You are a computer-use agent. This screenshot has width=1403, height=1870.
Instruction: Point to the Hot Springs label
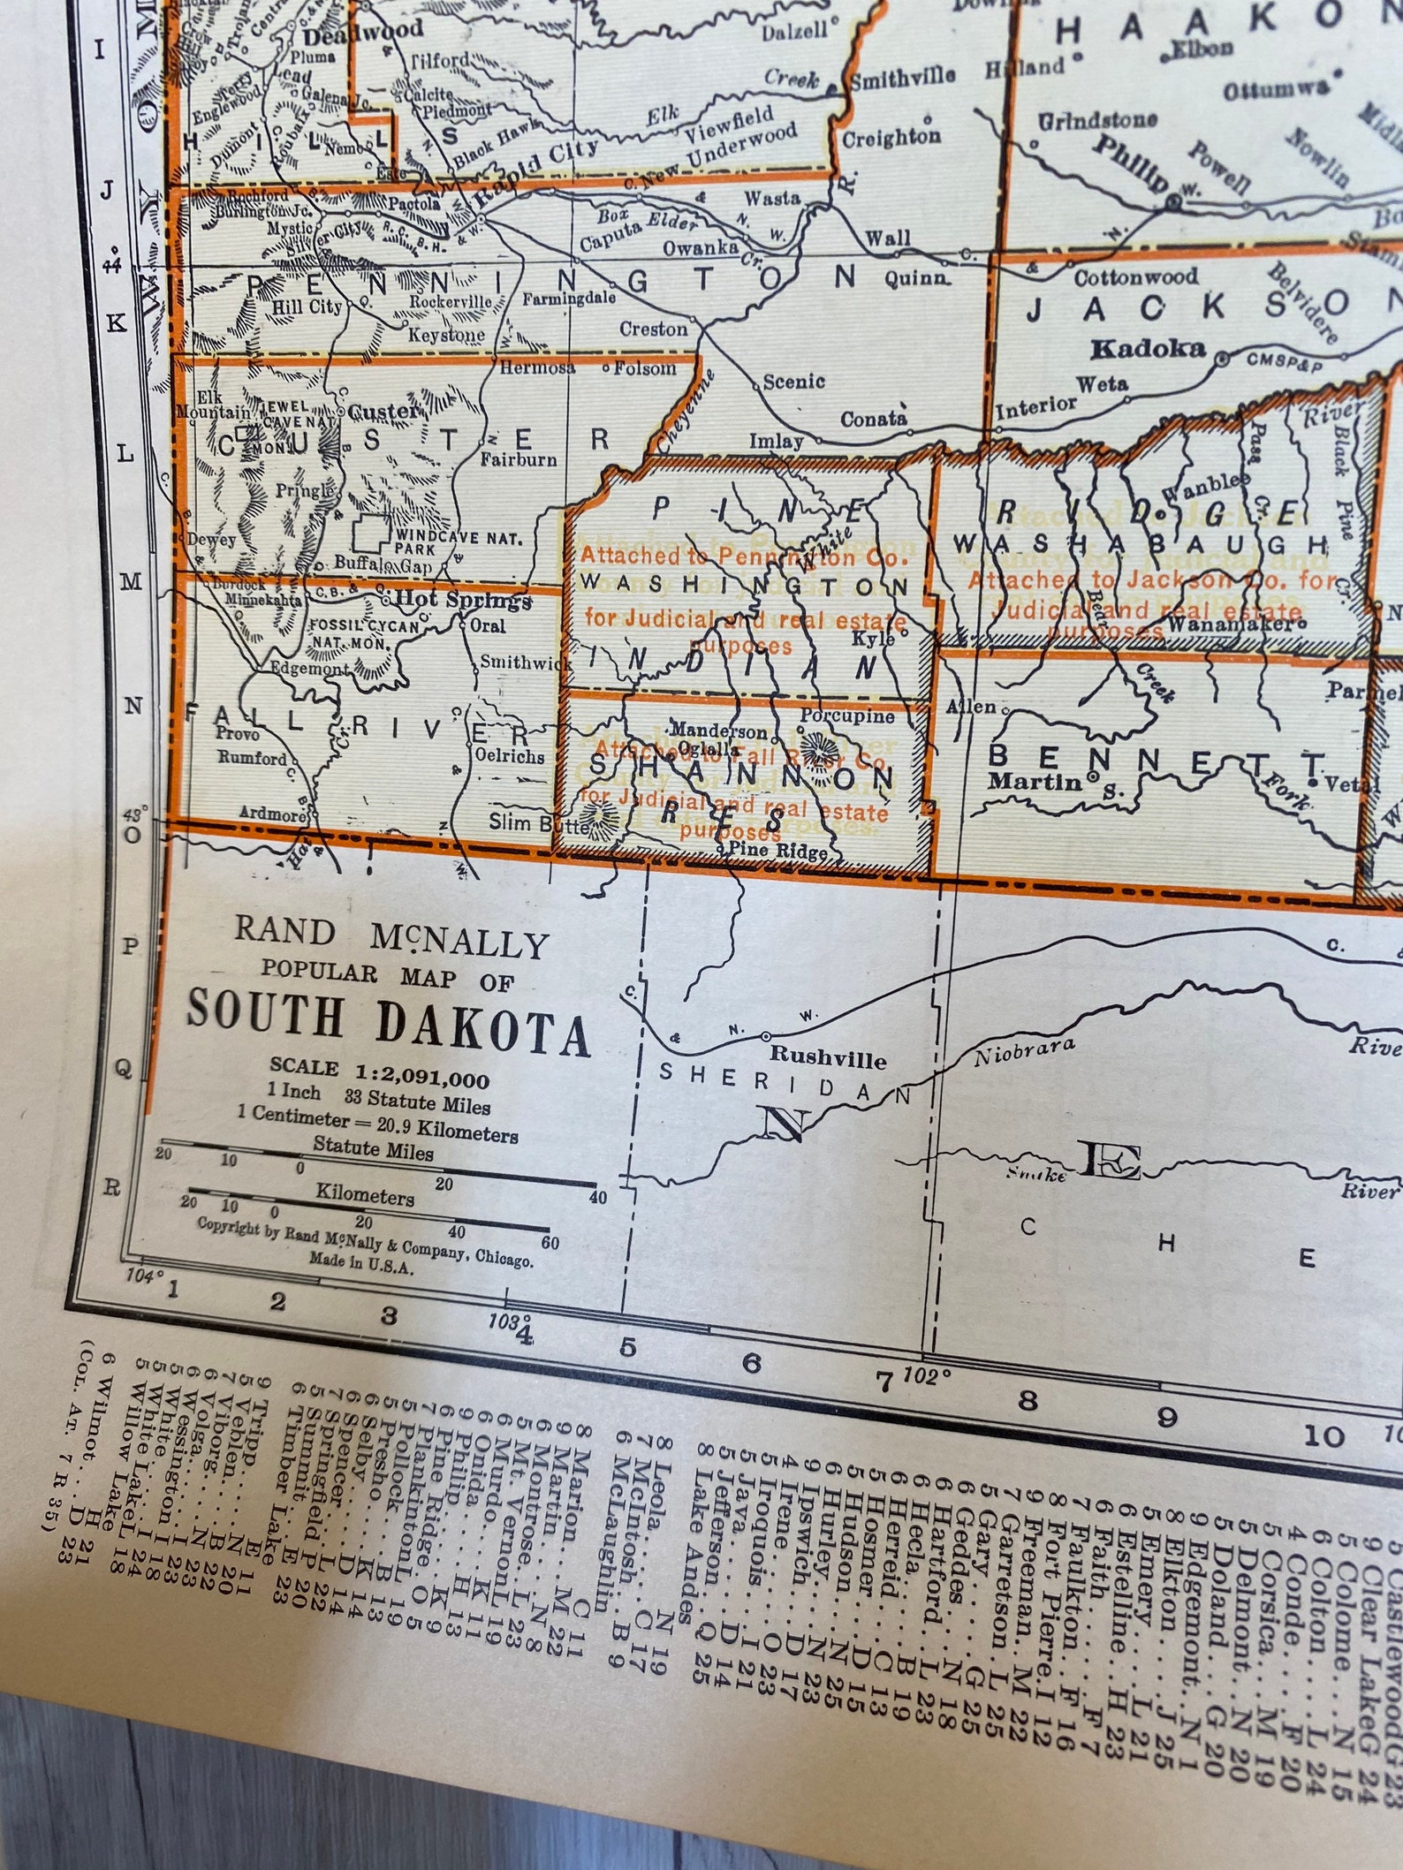click(x=463, y=600)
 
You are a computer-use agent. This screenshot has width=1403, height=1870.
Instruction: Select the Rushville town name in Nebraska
click(x=827, y=1057)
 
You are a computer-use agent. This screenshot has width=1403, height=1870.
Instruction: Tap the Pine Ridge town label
click(x=778, y=852)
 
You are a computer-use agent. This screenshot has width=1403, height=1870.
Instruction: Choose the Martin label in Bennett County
click(x=1035, y=781)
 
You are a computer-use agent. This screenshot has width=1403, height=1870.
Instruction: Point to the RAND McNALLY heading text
click(x=391, y=938)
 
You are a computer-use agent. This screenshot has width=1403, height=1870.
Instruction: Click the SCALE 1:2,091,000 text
click(x=380, y=1072)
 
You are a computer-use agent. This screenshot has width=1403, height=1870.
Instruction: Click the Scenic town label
click(x=793, y=382)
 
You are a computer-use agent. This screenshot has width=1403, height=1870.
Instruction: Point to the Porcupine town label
click(x=847, y=715)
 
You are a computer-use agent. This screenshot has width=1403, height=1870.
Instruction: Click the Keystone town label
click(x=446, y=335)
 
